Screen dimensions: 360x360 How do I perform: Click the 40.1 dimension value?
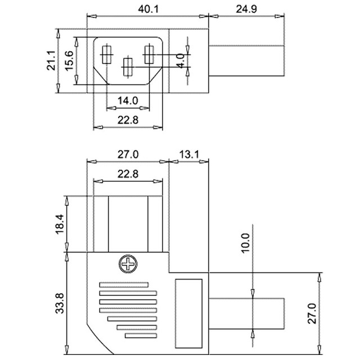[148, 9]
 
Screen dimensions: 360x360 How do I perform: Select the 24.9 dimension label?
[246, 9]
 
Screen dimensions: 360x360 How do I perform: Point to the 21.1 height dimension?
[51, 60]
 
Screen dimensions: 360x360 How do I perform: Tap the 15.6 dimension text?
[69, 61]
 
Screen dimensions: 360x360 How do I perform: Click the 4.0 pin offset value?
[181, 61]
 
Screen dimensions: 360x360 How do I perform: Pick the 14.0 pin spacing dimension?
[128, 101]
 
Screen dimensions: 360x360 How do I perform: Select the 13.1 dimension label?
[189, 155]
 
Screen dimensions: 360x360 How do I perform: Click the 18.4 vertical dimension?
[60, 224]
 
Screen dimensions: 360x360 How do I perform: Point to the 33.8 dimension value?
[60, 303]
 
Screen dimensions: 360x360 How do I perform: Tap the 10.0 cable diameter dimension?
[245, 243]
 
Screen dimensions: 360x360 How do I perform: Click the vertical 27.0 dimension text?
[312, 313]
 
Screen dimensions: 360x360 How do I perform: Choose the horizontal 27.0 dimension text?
[128, 155]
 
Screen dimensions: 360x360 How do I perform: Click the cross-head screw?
[128, 264]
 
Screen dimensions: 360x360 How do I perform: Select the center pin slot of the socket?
[128, 67]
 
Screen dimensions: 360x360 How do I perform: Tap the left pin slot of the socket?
[106, 55]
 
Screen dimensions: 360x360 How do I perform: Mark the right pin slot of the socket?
[149, 55]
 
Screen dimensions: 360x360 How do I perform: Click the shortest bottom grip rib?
[141, 336]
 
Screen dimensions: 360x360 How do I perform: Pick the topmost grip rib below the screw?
[124, 285]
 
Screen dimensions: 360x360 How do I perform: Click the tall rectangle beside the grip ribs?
[189, 314]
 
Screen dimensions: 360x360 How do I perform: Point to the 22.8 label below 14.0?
[128, 120]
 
